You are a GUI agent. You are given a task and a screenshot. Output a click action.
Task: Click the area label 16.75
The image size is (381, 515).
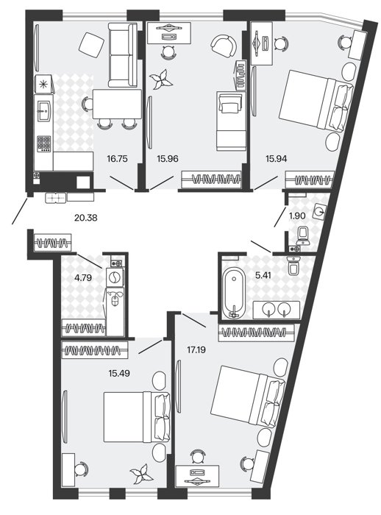[x=117, y=159]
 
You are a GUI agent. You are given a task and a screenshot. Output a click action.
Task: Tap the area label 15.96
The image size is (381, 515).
[x=168, y=159]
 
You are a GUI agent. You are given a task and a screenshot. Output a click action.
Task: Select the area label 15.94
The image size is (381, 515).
[x=276, y=159]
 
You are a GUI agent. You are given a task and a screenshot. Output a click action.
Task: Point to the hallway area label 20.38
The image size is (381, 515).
[x=86, y=218]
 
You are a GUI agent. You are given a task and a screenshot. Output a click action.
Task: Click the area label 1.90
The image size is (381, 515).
[x=297, y=216]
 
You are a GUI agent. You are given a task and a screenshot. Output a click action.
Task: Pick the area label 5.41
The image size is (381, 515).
[x=263, y=275]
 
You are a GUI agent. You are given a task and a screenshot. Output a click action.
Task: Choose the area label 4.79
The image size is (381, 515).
[x=83, y=278]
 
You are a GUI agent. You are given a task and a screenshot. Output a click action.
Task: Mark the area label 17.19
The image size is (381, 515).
[x=196, y=349]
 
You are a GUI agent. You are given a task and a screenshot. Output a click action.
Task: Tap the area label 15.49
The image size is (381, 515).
[x=119, y=373]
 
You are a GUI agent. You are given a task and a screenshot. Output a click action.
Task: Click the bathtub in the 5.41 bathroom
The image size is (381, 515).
[x=234, y=294]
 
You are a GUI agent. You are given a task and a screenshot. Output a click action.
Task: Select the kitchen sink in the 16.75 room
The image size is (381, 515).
[x=43, y=110]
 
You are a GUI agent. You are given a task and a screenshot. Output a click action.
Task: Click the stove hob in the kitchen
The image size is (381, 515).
[x=43, y=143]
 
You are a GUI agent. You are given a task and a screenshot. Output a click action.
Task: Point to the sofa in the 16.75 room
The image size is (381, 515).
[x=122, y=55]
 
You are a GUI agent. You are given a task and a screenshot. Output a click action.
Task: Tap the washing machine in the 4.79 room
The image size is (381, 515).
[x=115, y=277]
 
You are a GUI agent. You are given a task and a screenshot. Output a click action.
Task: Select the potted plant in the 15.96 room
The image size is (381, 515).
[x=161, y=80]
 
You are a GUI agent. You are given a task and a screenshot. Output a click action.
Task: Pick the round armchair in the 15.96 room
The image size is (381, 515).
[x=223, y=46]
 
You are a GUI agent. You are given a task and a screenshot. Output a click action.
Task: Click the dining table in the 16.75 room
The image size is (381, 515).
[x=117, y=104]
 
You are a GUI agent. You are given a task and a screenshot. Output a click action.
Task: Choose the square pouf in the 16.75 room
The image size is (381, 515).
[x=90, y=44]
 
